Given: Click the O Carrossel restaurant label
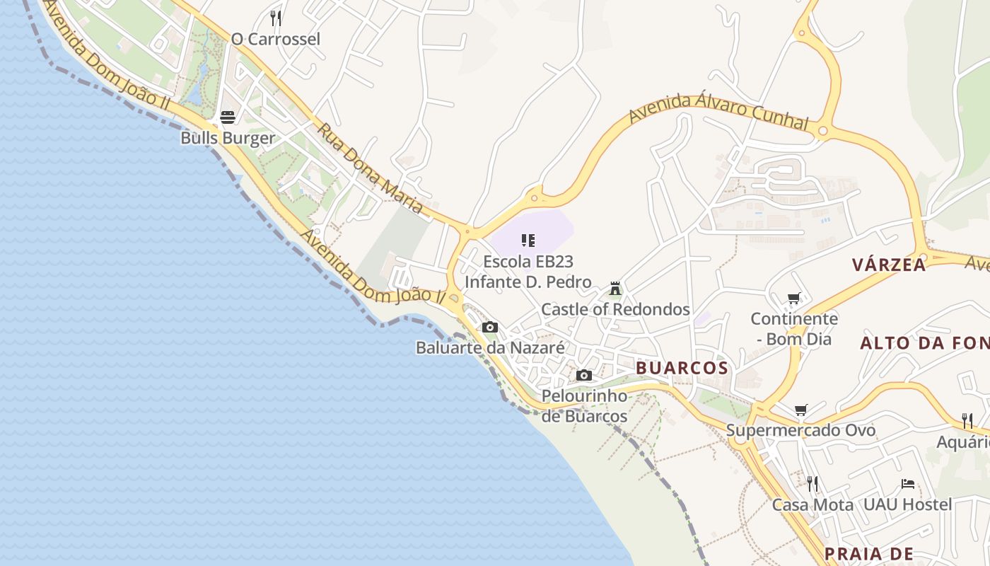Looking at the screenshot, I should click(276, 39).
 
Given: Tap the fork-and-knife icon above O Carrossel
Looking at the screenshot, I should click(276, 18).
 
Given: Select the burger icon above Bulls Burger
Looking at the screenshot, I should click(227, 117).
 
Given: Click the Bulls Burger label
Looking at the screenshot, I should click(228, 137).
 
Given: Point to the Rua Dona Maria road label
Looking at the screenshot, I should click(369, 169).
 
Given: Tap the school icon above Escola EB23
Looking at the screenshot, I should click(528, 241).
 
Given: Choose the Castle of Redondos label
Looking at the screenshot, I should click(615, 309).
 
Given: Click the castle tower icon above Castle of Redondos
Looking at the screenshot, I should click(615, 289).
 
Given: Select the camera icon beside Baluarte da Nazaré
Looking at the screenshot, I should click(489, 327).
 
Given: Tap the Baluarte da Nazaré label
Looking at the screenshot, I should click(490, 348).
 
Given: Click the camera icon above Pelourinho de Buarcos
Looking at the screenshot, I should click(584, 375).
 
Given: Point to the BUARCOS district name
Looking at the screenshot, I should click(682, 368).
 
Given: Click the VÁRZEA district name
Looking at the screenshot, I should click(889, 265).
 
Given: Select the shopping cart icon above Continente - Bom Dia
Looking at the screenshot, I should click(794, 299).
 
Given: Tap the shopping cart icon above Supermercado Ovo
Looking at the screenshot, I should click(801, 410).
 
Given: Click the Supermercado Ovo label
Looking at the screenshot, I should click(800, 430).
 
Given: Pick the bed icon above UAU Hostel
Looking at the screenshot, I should click(908, 484).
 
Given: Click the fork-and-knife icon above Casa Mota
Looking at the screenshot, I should click(813, 484).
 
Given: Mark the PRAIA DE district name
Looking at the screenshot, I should click(869, 554).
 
